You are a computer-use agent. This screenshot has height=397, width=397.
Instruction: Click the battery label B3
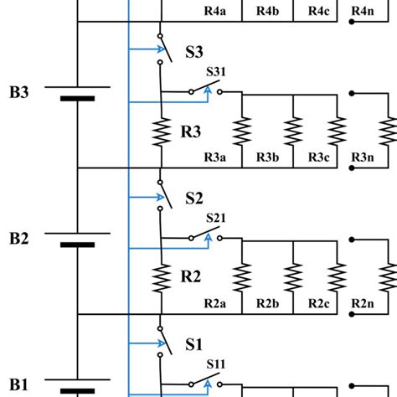tap(19, 92)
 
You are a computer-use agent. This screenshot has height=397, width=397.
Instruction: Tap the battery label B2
tap(19, 239)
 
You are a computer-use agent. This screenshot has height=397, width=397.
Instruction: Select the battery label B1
tap(19, 384)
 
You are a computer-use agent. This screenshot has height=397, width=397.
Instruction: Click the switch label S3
tap(193, 52)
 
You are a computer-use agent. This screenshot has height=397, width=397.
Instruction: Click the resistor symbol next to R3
tap(159, 132)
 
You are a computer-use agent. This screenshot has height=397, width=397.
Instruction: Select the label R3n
tap(363, 157)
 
